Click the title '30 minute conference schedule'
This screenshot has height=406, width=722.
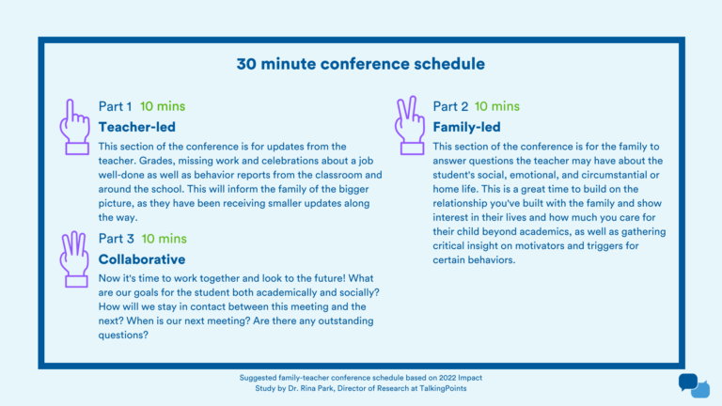click(x=361, y=65)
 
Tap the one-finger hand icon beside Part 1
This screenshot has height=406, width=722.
click(x=75, y=127)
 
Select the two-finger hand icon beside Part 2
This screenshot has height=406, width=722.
click(x=410, y=127)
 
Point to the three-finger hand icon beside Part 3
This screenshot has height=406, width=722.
click(x=75, y=258)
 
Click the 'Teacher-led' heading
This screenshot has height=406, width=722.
click(x=137, y=126)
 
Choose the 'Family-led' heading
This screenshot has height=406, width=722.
click(x=466, y=126)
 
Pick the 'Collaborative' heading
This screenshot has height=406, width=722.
click(x=142, y=258)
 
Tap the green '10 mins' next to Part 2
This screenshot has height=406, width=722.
click(x=496, y=106)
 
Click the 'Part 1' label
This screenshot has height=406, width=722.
click(x=116, y=106)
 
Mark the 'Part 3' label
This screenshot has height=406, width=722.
click(x=117, y=239)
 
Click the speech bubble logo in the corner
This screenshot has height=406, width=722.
click(x=694, y=385)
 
